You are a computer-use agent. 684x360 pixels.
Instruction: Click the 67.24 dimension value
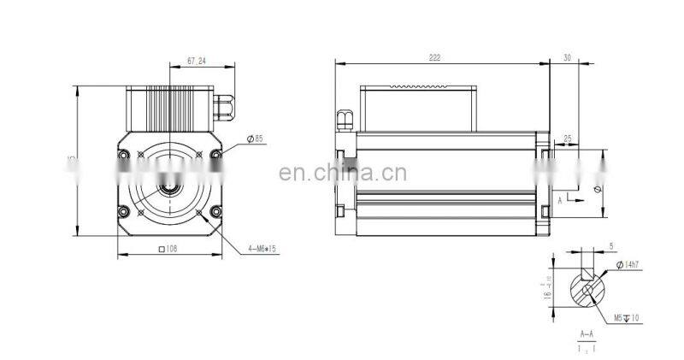click(x=197, y=61)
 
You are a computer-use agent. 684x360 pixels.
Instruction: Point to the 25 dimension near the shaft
click(x=567, y=139)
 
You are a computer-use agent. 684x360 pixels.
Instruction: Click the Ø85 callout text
click(x=254, y=139)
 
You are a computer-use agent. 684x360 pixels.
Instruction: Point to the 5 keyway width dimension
click(x=611, y=246)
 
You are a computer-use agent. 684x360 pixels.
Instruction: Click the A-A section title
click(x=587, y=335)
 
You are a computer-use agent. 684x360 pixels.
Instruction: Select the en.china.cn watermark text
click(x=343, y=174)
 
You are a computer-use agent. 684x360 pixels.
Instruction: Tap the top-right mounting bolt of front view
click(x=214, y=155)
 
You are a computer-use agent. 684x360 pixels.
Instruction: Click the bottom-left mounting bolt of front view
click(x=124, y=211)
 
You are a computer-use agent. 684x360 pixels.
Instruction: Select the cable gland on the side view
click(x=345, y=121)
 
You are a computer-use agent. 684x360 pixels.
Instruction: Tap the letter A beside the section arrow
click(x=560, y=198)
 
